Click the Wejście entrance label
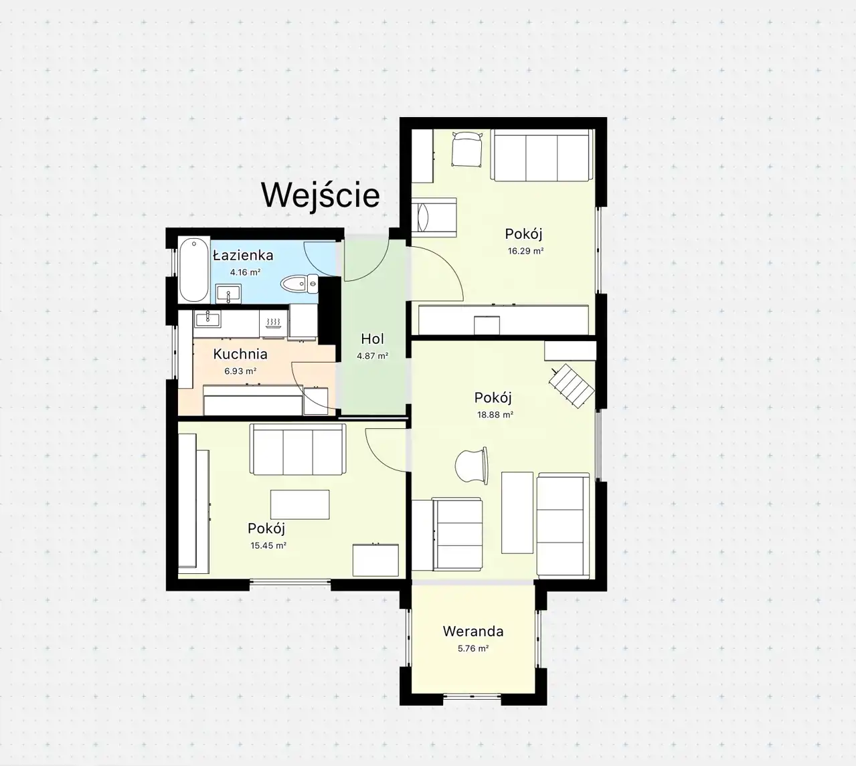[321, 195]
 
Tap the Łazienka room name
[243, 256]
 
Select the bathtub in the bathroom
[194, 270]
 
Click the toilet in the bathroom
[300, 284]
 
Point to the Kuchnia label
[240, 354]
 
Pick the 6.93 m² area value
[240, 371]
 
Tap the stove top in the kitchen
[273, 324]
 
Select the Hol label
[372, 339]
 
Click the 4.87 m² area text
[372, 356]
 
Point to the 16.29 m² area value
[525, 251]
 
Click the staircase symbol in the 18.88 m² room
[572, 386]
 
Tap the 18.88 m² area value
[495, 415]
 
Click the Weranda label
[473, 632]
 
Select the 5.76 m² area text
[473, 648]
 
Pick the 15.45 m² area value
[268, 545]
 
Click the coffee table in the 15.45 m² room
[300, 504]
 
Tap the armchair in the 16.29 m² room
[467, 149]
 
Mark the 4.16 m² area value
[245, 272]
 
